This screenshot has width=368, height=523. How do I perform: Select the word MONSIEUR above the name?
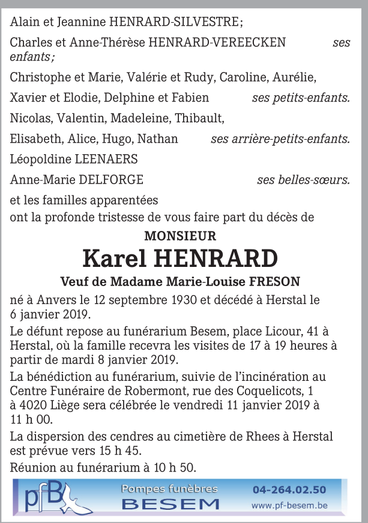pos(180,236)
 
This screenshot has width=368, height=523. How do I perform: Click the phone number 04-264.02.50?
pos(290,489)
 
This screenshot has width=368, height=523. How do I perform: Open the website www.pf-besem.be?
pos(289,506)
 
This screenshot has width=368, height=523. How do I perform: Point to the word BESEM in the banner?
pos(170,504)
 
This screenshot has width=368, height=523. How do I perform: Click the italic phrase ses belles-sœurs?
pos(303,179)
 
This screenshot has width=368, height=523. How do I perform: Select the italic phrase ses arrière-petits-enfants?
pos(280,139)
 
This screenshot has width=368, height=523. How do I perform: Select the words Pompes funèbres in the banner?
pos(170,489)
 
